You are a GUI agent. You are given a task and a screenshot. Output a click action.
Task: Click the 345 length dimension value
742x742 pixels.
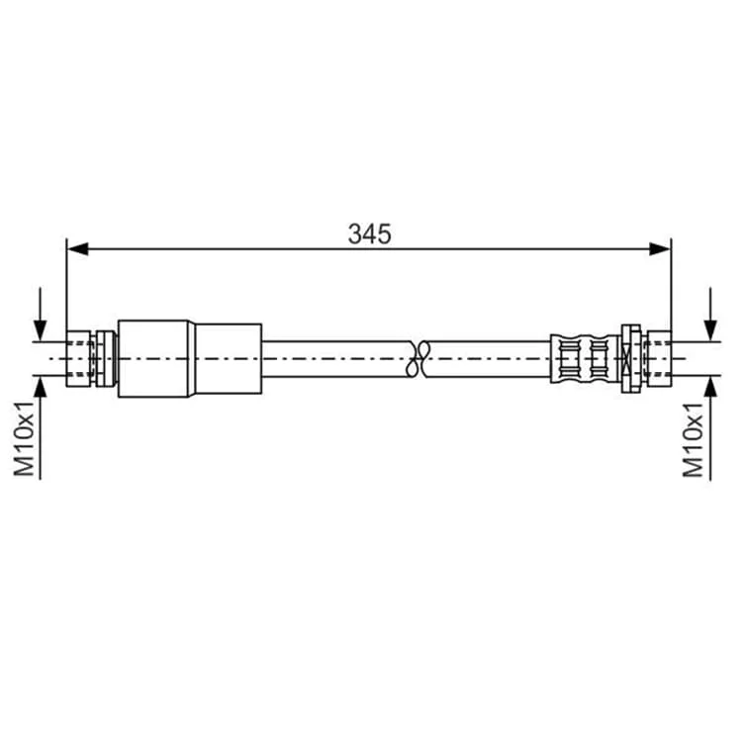(x=370, y=233)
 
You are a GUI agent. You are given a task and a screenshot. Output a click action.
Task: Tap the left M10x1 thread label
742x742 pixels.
(x=24, y=438)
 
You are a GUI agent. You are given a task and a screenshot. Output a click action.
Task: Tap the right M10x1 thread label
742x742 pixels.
(x=693, y=439)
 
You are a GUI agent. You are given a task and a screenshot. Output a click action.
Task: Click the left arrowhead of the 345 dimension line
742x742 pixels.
(x=77, y=249)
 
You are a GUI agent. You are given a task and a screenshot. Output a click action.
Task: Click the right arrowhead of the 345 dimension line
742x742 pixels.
(x=660, y=249)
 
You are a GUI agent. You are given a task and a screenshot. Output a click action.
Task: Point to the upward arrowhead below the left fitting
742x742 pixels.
(x=41, y=387)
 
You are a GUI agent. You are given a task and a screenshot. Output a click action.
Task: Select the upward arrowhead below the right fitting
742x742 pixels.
(x=710, y=387)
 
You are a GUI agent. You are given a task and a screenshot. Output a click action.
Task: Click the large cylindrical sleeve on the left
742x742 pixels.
(x=190, y=359)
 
